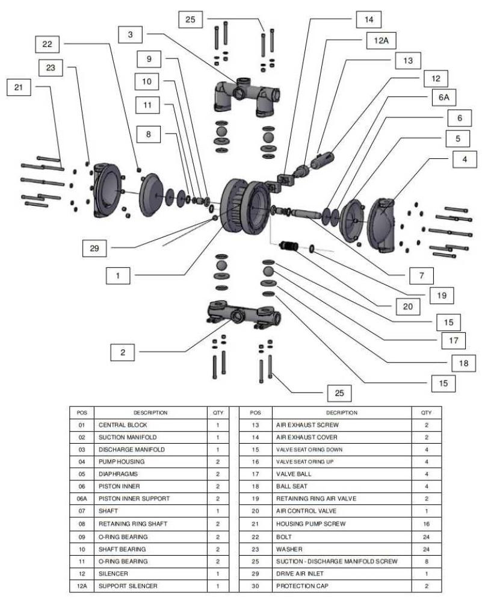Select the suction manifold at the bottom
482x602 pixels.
pos(241,313)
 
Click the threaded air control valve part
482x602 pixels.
pos(291,246)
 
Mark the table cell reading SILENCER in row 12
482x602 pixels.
pos(114,573)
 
